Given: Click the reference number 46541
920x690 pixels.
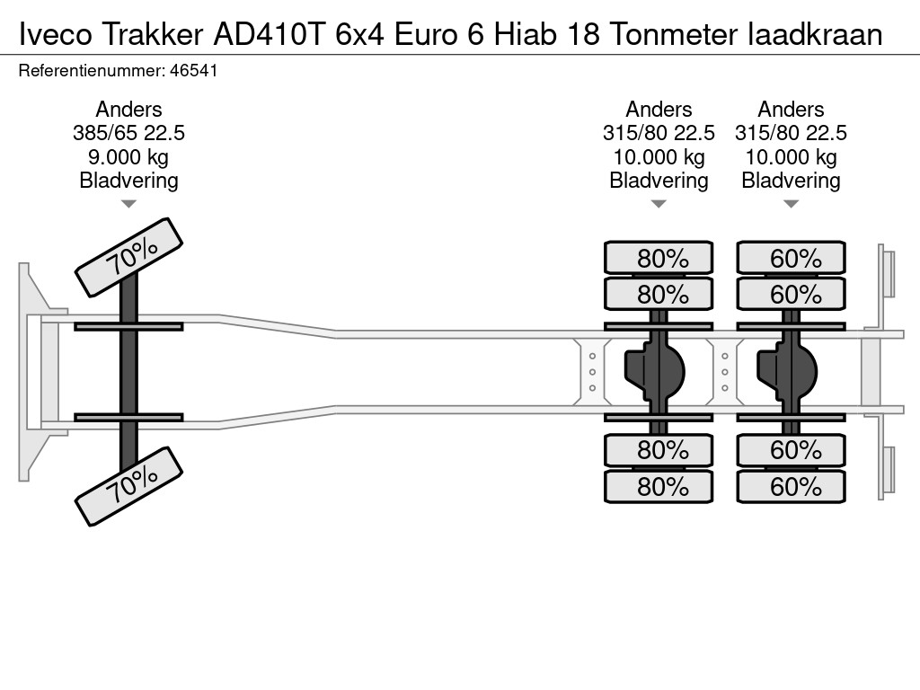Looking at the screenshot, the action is (x=194, y=71).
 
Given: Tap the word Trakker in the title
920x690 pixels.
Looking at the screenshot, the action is (x=153, y=34).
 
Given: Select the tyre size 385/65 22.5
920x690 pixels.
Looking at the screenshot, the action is (x=128, y=133).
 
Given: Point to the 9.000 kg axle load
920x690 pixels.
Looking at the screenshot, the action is (x=128, y=157).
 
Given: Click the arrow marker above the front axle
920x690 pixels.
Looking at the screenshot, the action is (x=128, y=204).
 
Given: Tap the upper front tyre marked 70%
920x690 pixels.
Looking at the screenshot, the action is (x=129, y=258).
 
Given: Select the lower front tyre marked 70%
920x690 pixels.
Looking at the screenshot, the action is (x=129, y=486).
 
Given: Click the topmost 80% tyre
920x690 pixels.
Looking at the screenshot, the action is (x=659, y=258).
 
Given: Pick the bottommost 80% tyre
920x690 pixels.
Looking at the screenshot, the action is (x=659, y=486).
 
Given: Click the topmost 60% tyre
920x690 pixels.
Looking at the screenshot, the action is (x=791, y=258).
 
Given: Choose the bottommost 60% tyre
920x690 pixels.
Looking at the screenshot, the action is (x=791, y=486).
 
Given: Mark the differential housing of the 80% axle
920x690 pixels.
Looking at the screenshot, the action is (x=655, y=372).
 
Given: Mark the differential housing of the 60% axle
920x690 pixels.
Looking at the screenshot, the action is (x=787, y=372).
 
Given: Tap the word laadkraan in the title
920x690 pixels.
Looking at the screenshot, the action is (x=815, y=34).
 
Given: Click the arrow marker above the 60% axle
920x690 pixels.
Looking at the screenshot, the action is (x=791, y=204).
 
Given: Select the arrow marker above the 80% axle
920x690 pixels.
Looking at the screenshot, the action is (x=659, y=204).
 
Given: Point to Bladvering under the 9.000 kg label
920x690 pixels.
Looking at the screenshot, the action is (x=128, y=181).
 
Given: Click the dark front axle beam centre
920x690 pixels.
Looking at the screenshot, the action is (x=128, y=372).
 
